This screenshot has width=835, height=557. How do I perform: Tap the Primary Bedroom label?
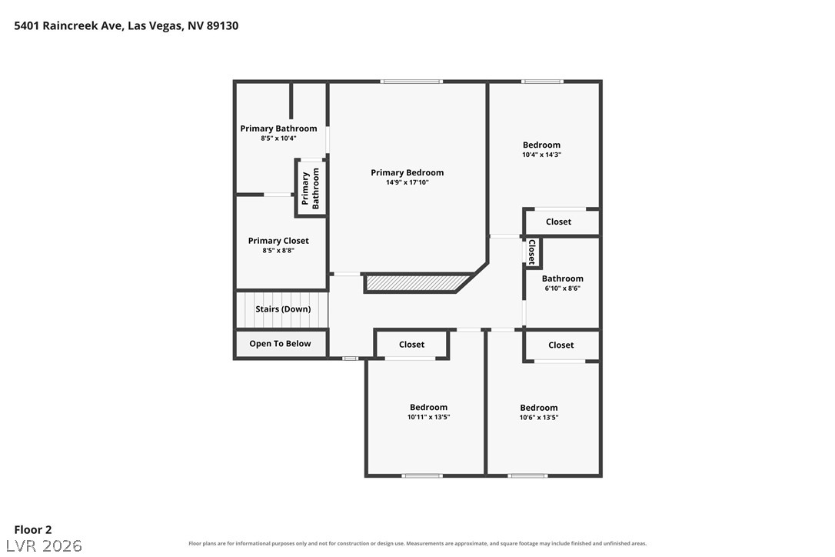tap(407, 172)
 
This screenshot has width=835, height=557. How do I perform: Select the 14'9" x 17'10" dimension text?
tap(407, 182)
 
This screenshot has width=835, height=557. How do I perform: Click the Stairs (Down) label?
tap(283, 309)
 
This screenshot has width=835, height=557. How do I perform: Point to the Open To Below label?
tap(280, 344)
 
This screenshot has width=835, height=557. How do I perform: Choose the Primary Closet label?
tap(278, 241)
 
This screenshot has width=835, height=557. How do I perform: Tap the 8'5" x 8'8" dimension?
tap(278, 251)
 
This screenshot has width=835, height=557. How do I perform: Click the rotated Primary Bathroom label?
tap(311, 188)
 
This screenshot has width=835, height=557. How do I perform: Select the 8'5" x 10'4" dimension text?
tap(278, 138)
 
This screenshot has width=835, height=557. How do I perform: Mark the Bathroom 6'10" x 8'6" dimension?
tap(562, 289)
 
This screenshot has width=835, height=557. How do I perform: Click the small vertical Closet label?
tap(531, 252)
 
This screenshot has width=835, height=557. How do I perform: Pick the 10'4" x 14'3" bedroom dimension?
tap(541, 155)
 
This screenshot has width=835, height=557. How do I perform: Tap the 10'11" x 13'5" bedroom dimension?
tap(428, 417)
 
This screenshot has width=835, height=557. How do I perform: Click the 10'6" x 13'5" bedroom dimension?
tap(539, 417)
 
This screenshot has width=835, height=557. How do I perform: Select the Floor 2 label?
tap(33, 530)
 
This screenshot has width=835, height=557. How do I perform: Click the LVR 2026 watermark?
tap(44, 545)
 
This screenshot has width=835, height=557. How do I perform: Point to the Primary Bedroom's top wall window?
tap(411, 82)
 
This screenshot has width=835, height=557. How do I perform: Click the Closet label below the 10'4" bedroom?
tap(558, 222)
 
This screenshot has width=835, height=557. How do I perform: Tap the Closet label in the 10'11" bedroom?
tap(411, 345)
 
